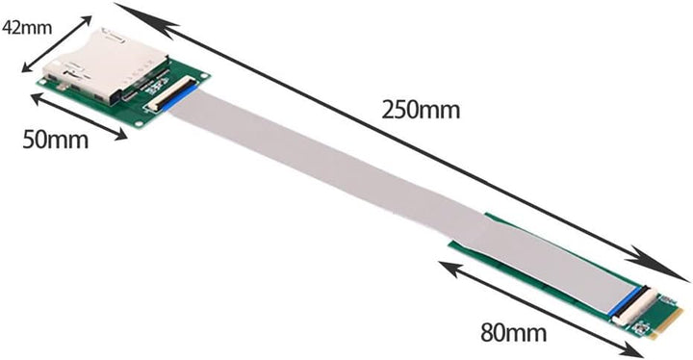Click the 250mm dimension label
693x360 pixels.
point(420,109)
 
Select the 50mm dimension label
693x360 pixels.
point(54,140)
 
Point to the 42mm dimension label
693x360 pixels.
point(27,27)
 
